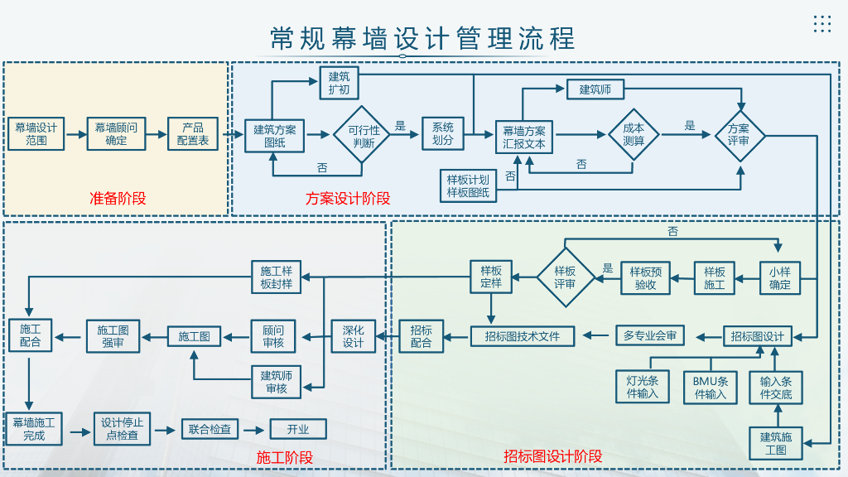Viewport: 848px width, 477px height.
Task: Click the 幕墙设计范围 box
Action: (x=36, y=133)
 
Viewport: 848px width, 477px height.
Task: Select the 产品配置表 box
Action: (x=193, y=133)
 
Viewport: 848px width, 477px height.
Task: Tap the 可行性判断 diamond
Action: (x=363, y=135)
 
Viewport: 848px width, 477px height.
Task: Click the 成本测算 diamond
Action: (x=634, y=134)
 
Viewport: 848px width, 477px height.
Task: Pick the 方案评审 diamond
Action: (x=739, y=134)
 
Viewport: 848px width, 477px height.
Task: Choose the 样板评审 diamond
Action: (x=566, y=277)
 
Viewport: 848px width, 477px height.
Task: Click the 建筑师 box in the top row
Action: (x=595, y=89)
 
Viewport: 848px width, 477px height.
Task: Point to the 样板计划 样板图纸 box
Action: (x=468, y=186)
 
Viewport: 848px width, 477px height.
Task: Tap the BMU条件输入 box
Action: (x=711, y=387)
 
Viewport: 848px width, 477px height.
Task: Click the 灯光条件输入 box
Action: (x=643, y=387)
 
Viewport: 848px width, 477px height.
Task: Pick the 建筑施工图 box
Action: (x=776, y=443)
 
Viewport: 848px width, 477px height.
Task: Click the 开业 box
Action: (x=298, y=429)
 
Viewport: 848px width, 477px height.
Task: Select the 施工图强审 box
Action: (x=113, y=335)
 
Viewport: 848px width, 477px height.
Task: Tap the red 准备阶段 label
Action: (x=118, y=198)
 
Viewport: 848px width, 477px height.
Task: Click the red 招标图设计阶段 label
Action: (x=553, y=456)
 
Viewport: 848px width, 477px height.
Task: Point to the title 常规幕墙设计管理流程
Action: (x=422, y=38)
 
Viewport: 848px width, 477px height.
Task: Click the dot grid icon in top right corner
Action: (x=821, y=24)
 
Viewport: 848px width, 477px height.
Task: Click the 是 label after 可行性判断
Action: (x=401, y=126)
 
